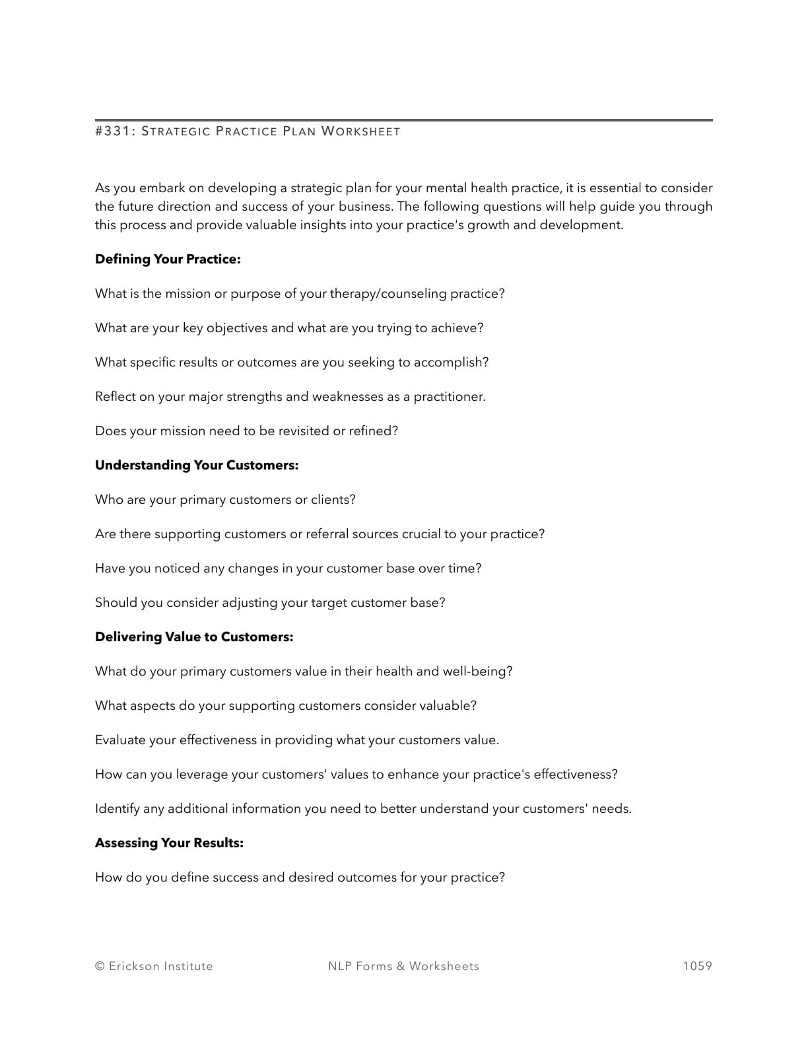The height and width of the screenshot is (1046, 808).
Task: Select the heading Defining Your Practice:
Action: pyautogui.click(x=168, y=260)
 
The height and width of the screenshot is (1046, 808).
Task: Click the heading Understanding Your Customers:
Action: pyautogui.click(x=197, y=466)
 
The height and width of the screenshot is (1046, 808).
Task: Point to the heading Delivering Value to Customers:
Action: pyautogui.click(x=194, y=637)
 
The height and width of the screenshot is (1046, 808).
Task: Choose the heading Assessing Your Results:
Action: pyautogui.click(x=169, y=843)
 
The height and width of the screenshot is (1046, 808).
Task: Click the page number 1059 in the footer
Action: pyautogui.click(x=697, y=966)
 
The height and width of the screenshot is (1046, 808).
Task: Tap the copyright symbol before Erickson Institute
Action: pyautogui.click(x=100, y=966)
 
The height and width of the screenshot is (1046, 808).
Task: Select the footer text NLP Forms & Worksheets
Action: pyautogui.click(x=403, y=966)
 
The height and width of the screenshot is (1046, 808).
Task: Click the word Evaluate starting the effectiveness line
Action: pyautogui.click(x=119, y=740)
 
